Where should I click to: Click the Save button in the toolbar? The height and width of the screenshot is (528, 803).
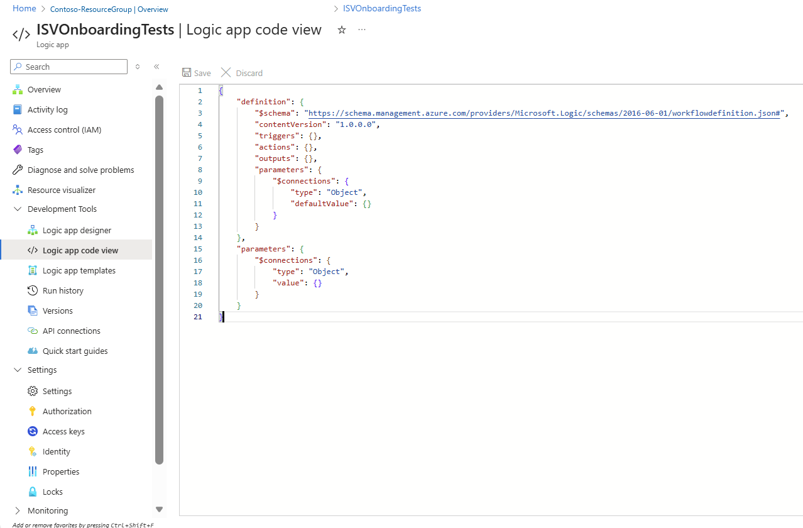(197, 73)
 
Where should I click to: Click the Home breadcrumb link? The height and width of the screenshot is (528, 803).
(25, 9)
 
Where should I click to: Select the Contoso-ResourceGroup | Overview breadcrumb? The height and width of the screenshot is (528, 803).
(109, 9)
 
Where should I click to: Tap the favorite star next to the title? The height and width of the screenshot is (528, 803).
(342, 30)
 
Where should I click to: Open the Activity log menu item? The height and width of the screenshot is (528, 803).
(47, 109)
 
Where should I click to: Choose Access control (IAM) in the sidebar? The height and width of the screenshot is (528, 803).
(64, 129)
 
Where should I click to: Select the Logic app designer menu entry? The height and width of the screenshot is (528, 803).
(77, 230)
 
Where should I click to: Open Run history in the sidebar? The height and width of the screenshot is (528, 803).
(63, 290)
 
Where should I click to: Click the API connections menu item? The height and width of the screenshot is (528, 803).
(72, 331)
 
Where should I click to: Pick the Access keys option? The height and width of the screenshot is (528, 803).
(63, 431)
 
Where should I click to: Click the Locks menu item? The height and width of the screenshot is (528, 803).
(52, 492)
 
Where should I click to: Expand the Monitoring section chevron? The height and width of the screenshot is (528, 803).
(17, 510)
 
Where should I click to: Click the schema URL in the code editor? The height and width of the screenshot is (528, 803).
(544, 113)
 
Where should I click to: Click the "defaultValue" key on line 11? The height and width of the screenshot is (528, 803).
(322, 204)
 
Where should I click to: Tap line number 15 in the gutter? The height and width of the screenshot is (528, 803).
(198, 249)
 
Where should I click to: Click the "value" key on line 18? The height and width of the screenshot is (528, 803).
(288, 283)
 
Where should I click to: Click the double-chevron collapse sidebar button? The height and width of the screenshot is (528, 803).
(156, 67)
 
